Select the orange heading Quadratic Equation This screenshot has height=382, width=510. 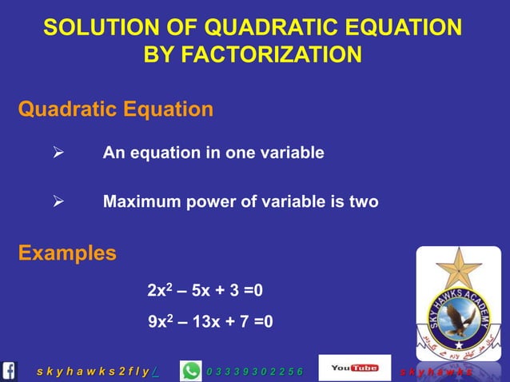(116, 109)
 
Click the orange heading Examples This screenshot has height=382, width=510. (67, 253)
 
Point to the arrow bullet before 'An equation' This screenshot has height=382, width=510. (58, 153)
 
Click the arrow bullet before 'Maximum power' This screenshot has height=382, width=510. (58, 202)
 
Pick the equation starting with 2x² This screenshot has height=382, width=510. (205, 291)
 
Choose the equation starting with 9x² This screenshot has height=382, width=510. (210, 322)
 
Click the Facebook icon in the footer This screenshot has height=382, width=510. (10, 371)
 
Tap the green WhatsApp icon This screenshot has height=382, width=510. (192, 371)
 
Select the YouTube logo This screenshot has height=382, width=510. (354, 368)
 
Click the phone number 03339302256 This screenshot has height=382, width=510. (254, 372)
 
